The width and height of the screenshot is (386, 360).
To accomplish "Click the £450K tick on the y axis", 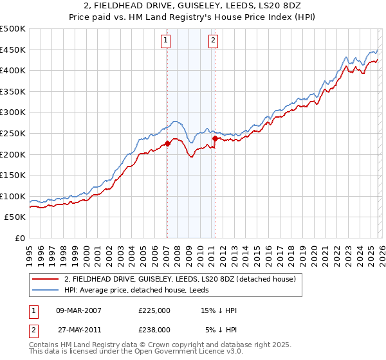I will [x=13, y=50].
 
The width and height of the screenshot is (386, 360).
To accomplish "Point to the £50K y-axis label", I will [x=15, y=217].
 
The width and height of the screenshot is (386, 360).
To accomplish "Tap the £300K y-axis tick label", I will [x=13, y=113].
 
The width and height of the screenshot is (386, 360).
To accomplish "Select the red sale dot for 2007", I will [x=167, y=143].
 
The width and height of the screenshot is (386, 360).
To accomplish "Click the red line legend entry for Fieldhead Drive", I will [x=179, y=279].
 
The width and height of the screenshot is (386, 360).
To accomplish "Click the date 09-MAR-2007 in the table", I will [x=79, y=310].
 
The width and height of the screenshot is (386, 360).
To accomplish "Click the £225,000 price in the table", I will [x=154, y=310].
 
